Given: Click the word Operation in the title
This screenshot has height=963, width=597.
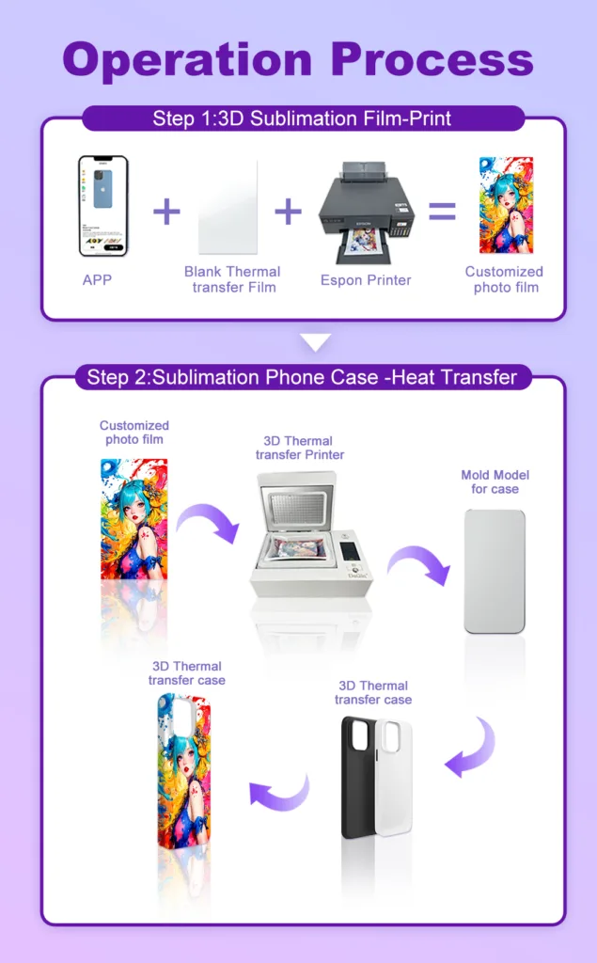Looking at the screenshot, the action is pyautogui.click(x=187, y=60).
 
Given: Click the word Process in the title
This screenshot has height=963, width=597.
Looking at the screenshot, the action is pyautogui.click(x=432, y=59).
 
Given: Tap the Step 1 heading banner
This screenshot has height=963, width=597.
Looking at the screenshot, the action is pyautogui.click(x=302, y=118).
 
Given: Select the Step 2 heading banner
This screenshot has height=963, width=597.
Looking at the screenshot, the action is pyautogui.click(x=302, y=376).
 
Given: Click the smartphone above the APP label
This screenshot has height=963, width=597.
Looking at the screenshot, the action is pyautogui.click(x=103, y=206).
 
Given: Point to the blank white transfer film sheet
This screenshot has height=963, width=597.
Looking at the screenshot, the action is pyautogui.click(x=228, y=208).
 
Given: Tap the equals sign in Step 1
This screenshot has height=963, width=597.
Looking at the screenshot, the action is pyautogui.click(x=442, y=212).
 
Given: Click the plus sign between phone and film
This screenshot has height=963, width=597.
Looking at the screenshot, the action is pyautogui.click(x=166, y=212).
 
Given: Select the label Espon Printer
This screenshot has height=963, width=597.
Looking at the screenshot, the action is pyautogui.click(x=366, y=280).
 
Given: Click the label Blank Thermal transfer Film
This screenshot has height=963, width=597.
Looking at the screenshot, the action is pyautogui.click(x=233, y=279).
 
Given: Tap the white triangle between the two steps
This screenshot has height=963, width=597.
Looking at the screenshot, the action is pyautogui.click(x=315, y=342).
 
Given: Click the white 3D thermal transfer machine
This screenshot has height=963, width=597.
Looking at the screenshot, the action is pyautogui.click(x=311, y=534).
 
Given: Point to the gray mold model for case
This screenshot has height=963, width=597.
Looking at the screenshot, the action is pyautogui.click(x=495, y=571).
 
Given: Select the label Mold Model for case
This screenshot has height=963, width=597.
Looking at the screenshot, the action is pyautogui.click(x=495, y=482).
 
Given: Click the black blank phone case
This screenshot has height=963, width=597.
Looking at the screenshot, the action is pyautogui.click(x=359, y=777).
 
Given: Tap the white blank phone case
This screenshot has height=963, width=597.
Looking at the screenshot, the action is pyautogui.click(x=393, y=778).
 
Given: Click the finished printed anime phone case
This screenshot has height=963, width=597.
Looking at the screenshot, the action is pyautogui.click(x=184, y=771).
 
